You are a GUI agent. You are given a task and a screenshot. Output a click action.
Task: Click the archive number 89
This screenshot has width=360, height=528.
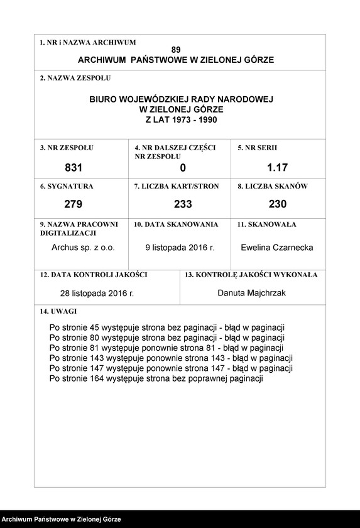(x=175, y=49)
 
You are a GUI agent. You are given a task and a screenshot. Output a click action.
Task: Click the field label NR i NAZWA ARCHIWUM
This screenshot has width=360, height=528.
(x=87, y=42)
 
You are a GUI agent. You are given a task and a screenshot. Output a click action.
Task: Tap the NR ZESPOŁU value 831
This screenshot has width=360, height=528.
(x=74, y=168)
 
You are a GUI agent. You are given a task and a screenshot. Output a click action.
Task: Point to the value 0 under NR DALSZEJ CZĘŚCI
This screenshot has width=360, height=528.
(x=183, y=168)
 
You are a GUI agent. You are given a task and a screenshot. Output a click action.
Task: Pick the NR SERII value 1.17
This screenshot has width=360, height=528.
(x=277, y=168)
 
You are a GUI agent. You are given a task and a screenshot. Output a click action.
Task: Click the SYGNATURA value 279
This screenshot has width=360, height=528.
(x=74, y=204)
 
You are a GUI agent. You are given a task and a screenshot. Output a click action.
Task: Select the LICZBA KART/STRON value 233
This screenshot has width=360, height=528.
(x=183, y=204)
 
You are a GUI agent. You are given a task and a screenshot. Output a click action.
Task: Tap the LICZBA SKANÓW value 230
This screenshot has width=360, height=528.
(x=277, y=204)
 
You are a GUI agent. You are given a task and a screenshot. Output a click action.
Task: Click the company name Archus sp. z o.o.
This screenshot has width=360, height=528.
(x=83, y=247)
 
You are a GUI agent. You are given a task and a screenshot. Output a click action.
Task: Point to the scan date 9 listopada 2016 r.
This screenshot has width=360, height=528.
(x=180, y=247)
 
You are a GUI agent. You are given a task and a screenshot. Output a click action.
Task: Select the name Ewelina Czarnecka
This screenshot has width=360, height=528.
(x=277, y=247)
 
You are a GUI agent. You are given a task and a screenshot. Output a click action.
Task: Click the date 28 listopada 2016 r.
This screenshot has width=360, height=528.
(x=97, y=293)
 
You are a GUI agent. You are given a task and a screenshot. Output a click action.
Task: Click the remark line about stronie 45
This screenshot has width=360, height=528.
(x=167, y=327)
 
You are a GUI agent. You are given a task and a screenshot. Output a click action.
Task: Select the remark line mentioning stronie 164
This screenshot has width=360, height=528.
(x=156, y=378)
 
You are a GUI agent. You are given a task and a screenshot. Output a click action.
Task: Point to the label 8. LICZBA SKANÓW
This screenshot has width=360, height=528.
(x=272, y=186)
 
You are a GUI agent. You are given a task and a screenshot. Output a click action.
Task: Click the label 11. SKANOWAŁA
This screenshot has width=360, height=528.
(x=266, y=224)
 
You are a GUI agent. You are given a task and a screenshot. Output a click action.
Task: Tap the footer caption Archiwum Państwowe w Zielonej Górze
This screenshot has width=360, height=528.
(x=61, y=519)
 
